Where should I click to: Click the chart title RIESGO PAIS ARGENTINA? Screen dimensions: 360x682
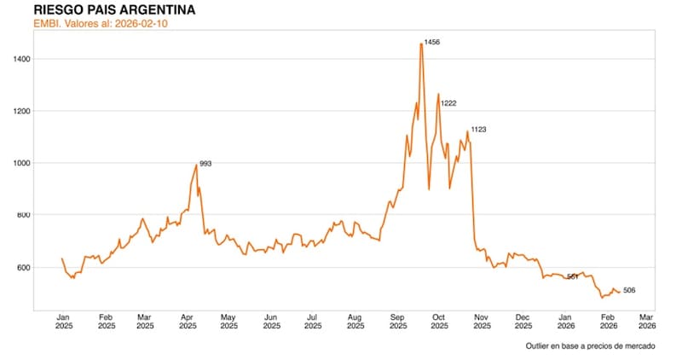[x=113, y=9]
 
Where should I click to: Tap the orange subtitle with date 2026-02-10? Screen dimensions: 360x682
[x=103, y=23]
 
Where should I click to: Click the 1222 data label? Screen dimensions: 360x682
[x=448, y=103]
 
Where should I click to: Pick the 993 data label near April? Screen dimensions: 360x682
[x=205, y=163]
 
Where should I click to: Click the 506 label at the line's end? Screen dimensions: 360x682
[x=629, y=291]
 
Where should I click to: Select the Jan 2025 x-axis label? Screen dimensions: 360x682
[x=64, y=320]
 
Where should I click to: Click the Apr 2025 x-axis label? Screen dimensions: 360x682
[x=188, y=320]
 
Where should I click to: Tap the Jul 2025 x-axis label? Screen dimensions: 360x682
[x=313, y=320]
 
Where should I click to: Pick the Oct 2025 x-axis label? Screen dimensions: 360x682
[x=439, y=320]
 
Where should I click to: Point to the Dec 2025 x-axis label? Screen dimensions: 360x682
[x=523, y=320]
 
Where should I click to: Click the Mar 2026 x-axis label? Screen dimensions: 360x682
[x=647, y=320]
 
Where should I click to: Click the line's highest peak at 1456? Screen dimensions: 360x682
[x=421, y=44]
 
